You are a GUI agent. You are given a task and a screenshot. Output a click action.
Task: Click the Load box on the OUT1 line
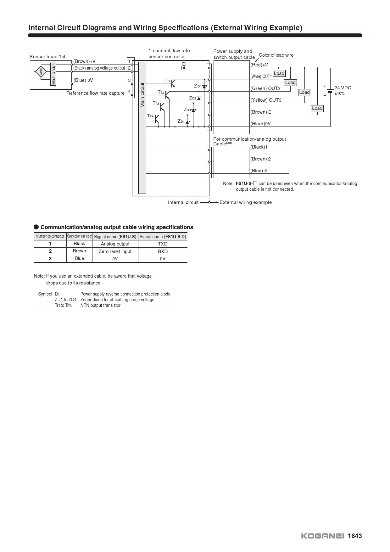(279, 73)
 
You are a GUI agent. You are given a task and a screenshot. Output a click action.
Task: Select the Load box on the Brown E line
(317, 108)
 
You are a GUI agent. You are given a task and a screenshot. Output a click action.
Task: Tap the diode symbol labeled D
(183, 68)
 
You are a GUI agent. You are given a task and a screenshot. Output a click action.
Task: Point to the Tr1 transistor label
(167, 81)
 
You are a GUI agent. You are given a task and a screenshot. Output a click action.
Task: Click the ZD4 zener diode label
(181, 121)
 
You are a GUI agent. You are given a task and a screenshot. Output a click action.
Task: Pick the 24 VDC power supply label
(343, 88)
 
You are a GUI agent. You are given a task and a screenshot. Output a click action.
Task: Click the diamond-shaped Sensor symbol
(41, 72)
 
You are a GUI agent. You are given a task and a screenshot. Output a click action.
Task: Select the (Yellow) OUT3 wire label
(266, 100)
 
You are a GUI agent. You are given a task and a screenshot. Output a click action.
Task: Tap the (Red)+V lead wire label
(259, 65)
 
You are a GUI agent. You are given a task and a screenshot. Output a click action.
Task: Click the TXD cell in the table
(163, 244)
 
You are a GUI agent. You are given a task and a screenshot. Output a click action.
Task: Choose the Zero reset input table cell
(115, 251)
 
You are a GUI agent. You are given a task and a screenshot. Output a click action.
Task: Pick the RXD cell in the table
(163, 251)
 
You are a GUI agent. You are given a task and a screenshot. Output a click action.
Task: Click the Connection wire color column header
(79, 236)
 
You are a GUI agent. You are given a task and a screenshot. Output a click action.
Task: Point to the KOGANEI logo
(323, 536)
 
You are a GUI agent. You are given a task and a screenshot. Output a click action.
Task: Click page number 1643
(355, 536)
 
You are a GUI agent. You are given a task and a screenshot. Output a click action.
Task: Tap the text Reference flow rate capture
(96, 93)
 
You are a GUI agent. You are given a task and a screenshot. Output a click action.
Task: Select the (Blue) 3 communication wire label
(259, 171)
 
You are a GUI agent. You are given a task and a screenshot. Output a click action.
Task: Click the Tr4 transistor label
(150, 116)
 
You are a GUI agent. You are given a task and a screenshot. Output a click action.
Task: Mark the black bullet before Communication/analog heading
(36, 227)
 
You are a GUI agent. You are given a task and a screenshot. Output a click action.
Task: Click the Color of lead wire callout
(276, 55)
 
